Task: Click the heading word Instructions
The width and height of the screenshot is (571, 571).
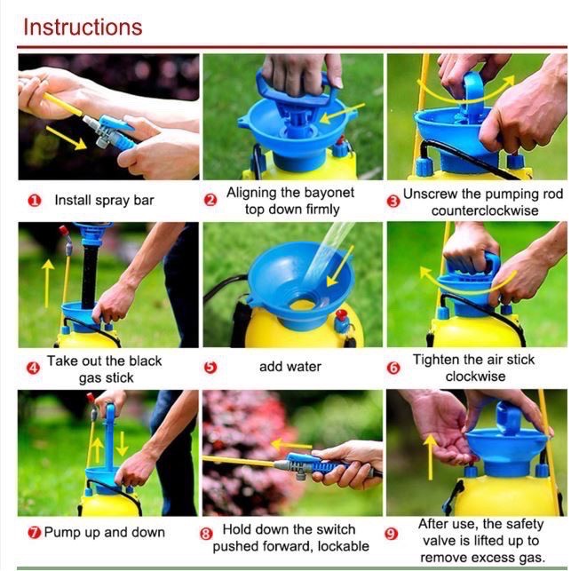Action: [x=83, y=28]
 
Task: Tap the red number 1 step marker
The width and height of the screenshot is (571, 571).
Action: [x=35, y=201]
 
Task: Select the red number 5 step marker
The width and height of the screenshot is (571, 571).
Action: [x=210, y=367]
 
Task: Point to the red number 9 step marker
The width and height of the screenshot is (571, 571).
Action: [x=391, y=534]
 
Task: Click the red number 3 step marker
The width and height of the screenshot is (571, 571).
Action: [x=393, y=202]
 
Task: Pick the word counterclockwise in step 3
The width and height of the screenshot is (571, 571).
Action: [x=485, y=210]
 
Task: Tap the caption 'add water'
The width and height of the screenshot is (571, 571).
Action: [x=290, y=367]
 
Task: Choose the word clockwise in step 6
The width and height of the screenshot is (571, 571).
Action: [x=476, y=377]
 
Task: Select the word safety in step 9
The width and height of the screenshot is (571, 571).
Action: [x=524, y=525]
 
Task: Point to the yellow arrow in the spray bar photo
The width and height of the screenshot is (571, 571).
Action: [x=66, y=138]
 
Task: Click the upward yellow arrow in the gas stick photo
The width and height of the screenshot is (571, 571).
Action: [x=47, y=283]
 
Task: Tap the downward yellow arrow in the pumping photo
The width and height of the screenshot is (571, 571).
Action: [x=122, y=443]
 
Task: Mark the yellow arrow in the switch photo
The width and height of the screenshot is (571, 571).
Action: [x=291, y=445]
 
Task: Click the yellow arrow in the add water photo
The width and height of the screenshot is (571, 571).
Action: [x=340, y=266]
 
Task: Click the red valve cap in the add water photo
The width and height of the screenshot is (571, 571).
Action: [x=342, y=315]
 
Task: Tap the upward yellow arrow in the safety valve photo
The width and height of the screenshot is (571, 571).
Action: [x=431, y=457]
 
